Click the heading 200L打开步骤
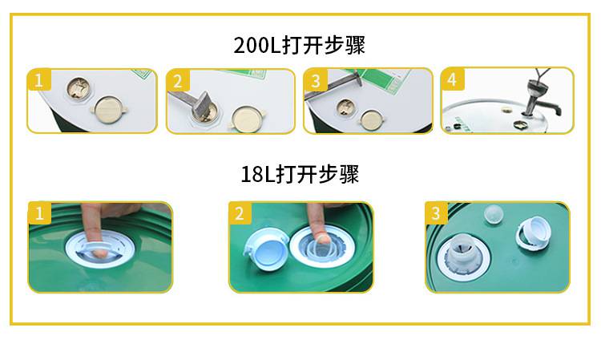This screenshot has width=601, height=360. point(300,45)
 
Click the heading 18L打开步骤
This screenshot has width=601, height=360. point(300,175)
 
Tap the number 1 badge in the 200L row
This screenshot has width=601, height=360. point(39,79)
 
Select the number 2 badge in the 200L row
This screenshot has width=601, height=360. point(178,80)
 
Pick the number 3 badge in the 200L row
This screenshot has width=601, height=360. point(316,80)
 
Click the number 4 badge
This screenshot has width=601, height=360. point(453,79)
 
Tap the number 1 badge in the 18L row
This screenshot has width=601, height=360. point(39,212)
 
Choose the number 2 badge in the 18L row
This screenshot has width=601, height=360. point(240,212)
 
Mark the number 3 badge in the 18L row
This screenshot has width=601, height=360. point(436,212)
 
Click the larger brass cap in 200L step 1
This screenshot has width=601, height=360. point(108,109)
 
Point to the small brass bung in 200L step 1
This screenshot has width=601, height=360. point(79,88)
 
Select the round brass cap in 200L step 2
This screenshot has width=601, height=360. point(247,119)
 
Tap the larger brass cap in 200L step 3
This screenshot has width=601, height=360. point(371,119)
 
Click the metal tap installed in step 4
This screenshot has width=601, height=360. point(539,98)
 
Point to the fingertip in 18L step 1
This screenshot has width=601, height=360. point(99,252)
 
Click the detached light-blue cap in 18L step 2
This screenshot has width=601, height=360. point(266,249)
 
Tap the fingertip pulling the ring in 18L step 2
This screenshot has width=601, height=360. point(323,239)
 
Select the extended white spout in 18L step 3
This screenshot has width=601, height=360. point(463,255)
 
